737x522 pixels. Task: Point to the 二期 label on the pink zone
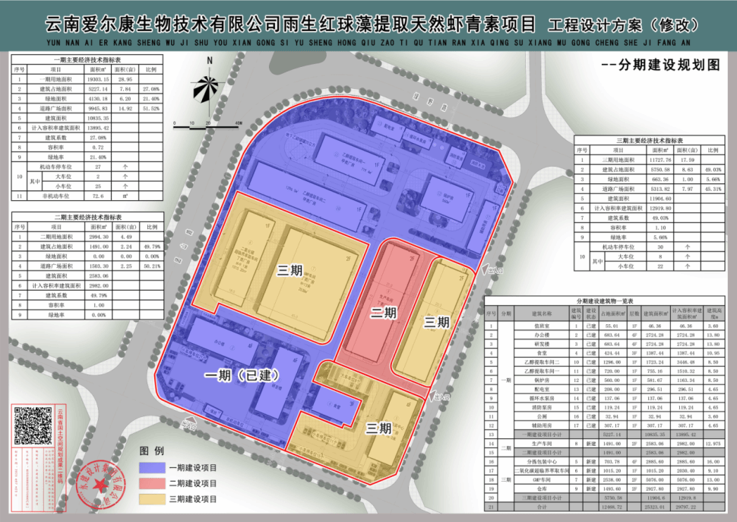[x=384, y=313]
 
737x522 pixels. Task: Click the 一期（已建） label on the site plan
[x=241, y=376]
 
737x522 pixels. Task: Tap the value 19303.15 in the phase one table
[x=101, y=78]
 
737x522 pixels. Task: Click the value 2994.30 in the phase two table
[x=101, y=236]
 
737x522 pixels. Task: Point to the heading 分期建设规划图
[x=659, y=65]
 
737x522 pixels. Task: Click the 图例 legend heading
[x=152, y=450]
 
